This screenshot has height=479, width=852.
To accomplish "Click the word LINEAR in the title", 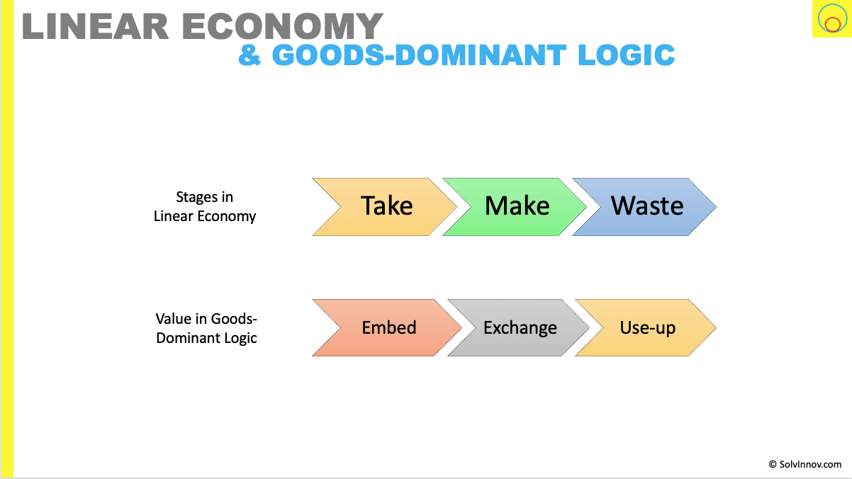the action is (95, 26).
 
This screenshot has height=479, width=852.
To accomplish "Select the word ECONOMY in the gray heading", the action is (282, 26).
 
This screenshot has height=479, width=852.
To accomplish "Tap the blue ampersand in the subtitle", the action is (250, 55).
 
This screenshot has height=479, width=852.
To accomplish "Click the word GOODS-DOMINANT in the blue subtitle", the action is (419, 55).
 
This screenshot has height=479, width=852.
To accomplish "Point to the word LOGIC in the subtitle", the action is (626, 55).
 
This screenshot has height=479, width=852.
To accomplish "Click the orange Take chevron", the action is (384, 207).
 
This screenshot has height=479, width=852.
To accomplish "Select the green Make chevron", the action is (514, 207).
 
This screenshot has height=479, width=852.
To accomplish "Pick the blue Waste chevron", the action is (644, 207).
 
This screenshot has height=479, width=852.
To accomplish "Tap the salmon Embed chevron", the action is (387, 327).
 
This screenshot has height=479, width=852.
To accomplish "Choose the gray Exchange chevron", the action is (518, 327).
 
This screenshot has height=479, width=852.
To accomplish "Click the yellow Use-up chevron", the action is (646, 327).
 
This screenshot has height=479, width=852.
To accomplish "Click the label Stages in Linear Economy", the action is (205, 207).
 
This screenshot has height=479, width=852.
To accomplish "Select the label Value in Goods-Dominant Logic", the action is (206, 328).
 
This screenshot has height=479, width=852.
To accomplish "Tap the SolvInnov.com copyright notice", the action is (805, 465).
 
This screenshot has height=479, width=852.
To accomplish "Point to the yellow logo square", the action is (832, 18).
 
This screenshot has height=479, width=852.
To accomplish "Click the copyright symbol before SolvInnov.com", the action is (773, 465).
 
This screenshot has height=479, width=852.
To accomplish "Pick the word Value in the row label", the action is (174, 319).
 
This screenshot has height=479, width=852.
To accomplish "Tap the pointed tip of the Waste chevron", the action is (716, 207).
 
